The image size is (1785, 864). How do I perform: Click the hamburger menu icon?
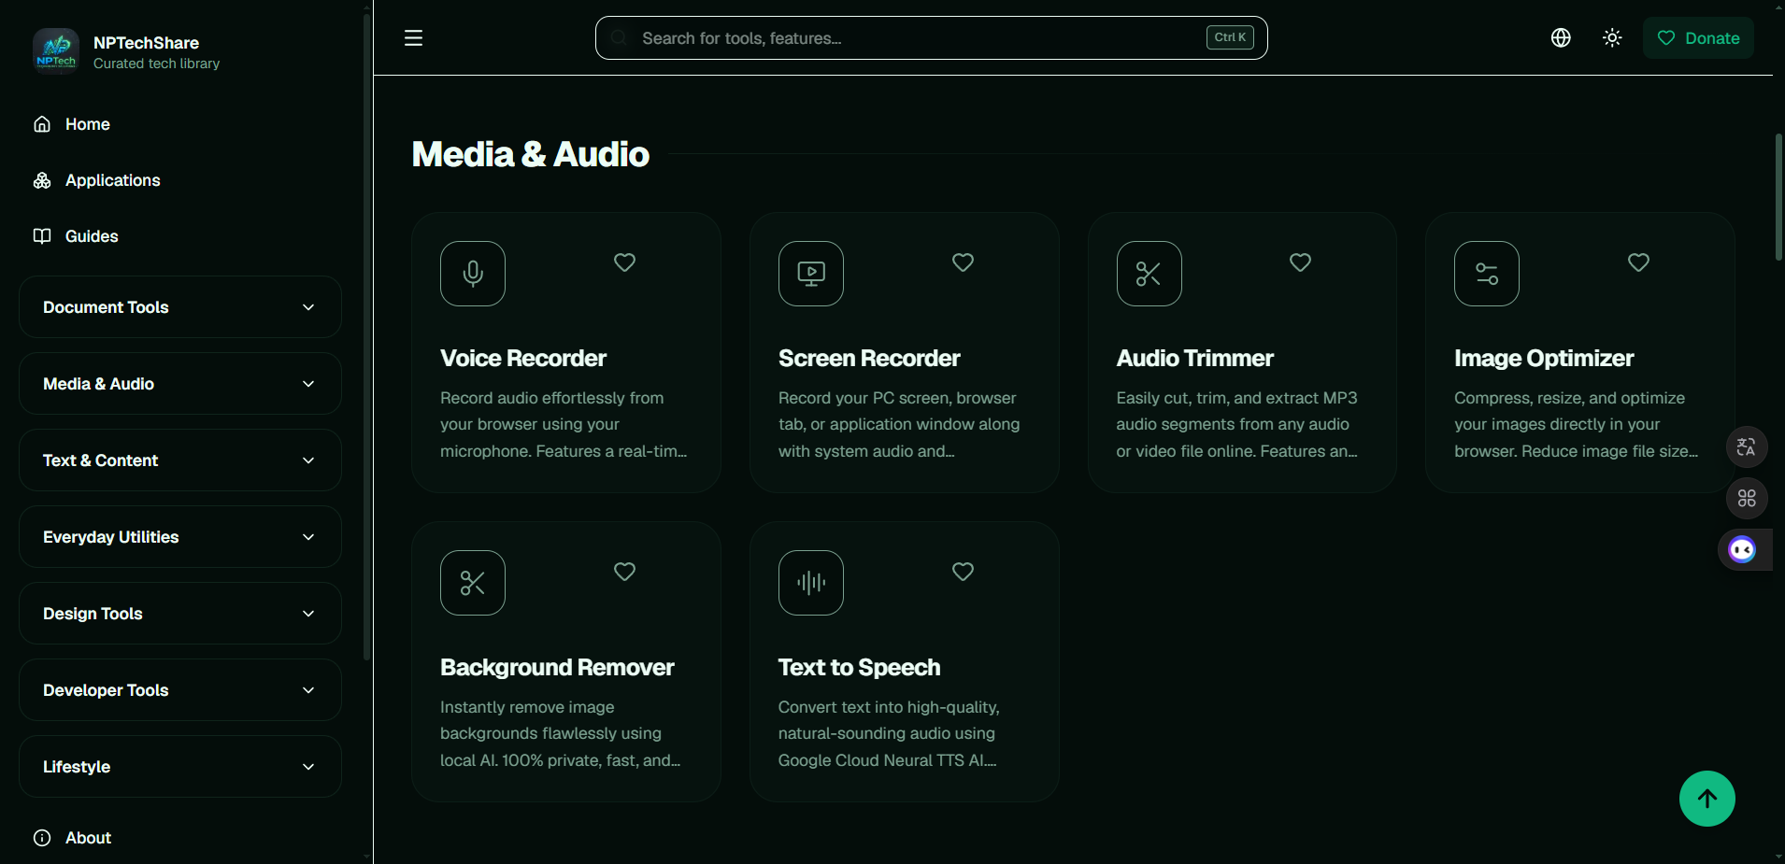pyautogui.click(x=413, y=38)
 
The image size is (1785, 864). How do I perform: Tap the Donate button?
pyautogui.click(x=1698, y=38)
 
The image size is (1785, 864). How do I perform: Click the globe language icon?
pyautogui.click(x=1561, y=38)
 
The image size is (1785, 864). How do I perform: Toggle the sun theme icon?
pyautogui.click(x=1612, y=38)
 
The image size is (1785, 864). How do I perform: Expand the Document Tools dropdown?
pyautogui.click(x=180, y=307)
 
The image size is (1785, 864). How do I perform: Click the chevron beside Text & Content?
pyautogui.click(x=308, y=460)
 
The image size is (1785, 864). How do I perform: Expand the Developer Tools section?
pyautogui.click(x=180, y=690)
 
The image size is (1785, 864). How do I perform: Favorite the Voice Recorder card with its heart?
pyautogui.click(x=624, y=262)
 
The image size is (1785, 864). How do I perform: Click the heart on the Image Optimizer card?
pyautogui.click(x=1638, y=262)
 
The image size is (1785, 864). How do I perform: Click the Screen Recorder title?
pyautogui.click(x=869, y=359)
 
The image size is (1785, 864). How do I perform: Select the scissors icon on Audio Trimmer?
pyautogui.click(x=1149, y=274)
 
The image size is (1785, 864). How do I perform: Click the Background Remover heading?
pyautogui.click(x=557, y=668)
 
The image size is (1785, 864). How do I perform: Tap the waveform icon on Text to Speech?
pyautogui.click(x=811, y=583)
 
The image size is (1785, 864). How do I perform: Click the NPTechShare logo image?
pyautogui.click(x=56, y=50)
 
